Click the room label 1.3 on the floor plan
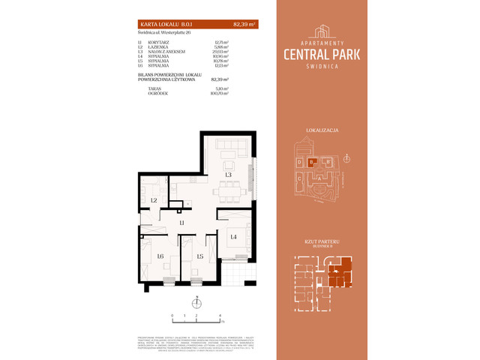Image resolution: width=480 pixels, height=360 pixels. (228, 175)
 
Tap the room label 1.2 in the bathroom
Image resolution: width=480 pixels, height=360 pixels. (153, 200)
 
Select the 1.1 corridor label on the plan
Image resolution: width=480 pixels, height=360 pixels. (182, 223)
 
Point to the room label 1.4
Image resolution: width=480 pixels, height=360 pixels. (233, 237)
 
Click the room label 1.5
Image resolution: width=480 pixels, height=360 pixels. (199, 257)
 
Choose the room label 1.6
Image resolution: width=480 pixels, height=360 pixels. (160, 257)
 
